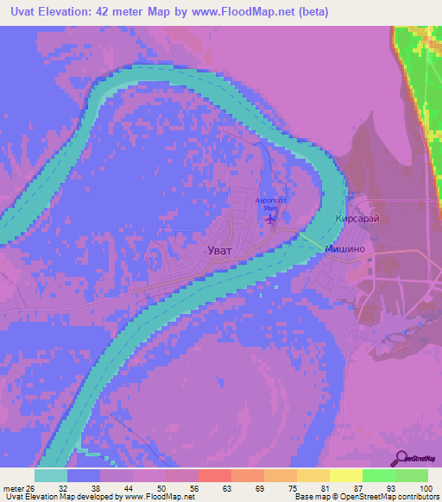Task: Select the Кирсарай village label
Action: (357, 219)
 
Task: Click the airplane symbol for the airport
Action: (273, 218)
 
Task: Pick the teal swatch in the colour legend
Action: (51, 475)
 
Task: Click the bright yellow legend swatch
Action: (345, 475)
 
